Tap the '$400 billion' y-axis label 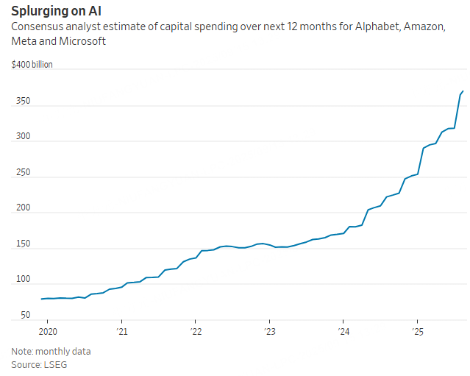pos(32,65)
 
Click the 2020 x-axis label pos(47,332)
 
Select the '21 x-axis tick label pos(121,332)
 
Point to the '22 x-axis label pos(195,332)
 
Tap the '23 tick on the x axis pos(269,332)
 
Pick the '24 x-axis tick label pos(343,332)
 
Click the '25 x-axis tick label pos(417,332)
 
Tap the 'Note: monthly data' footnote pos(51,351)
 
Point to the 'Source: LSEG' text pos(38,364)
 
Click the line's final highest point pos(463,91)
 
